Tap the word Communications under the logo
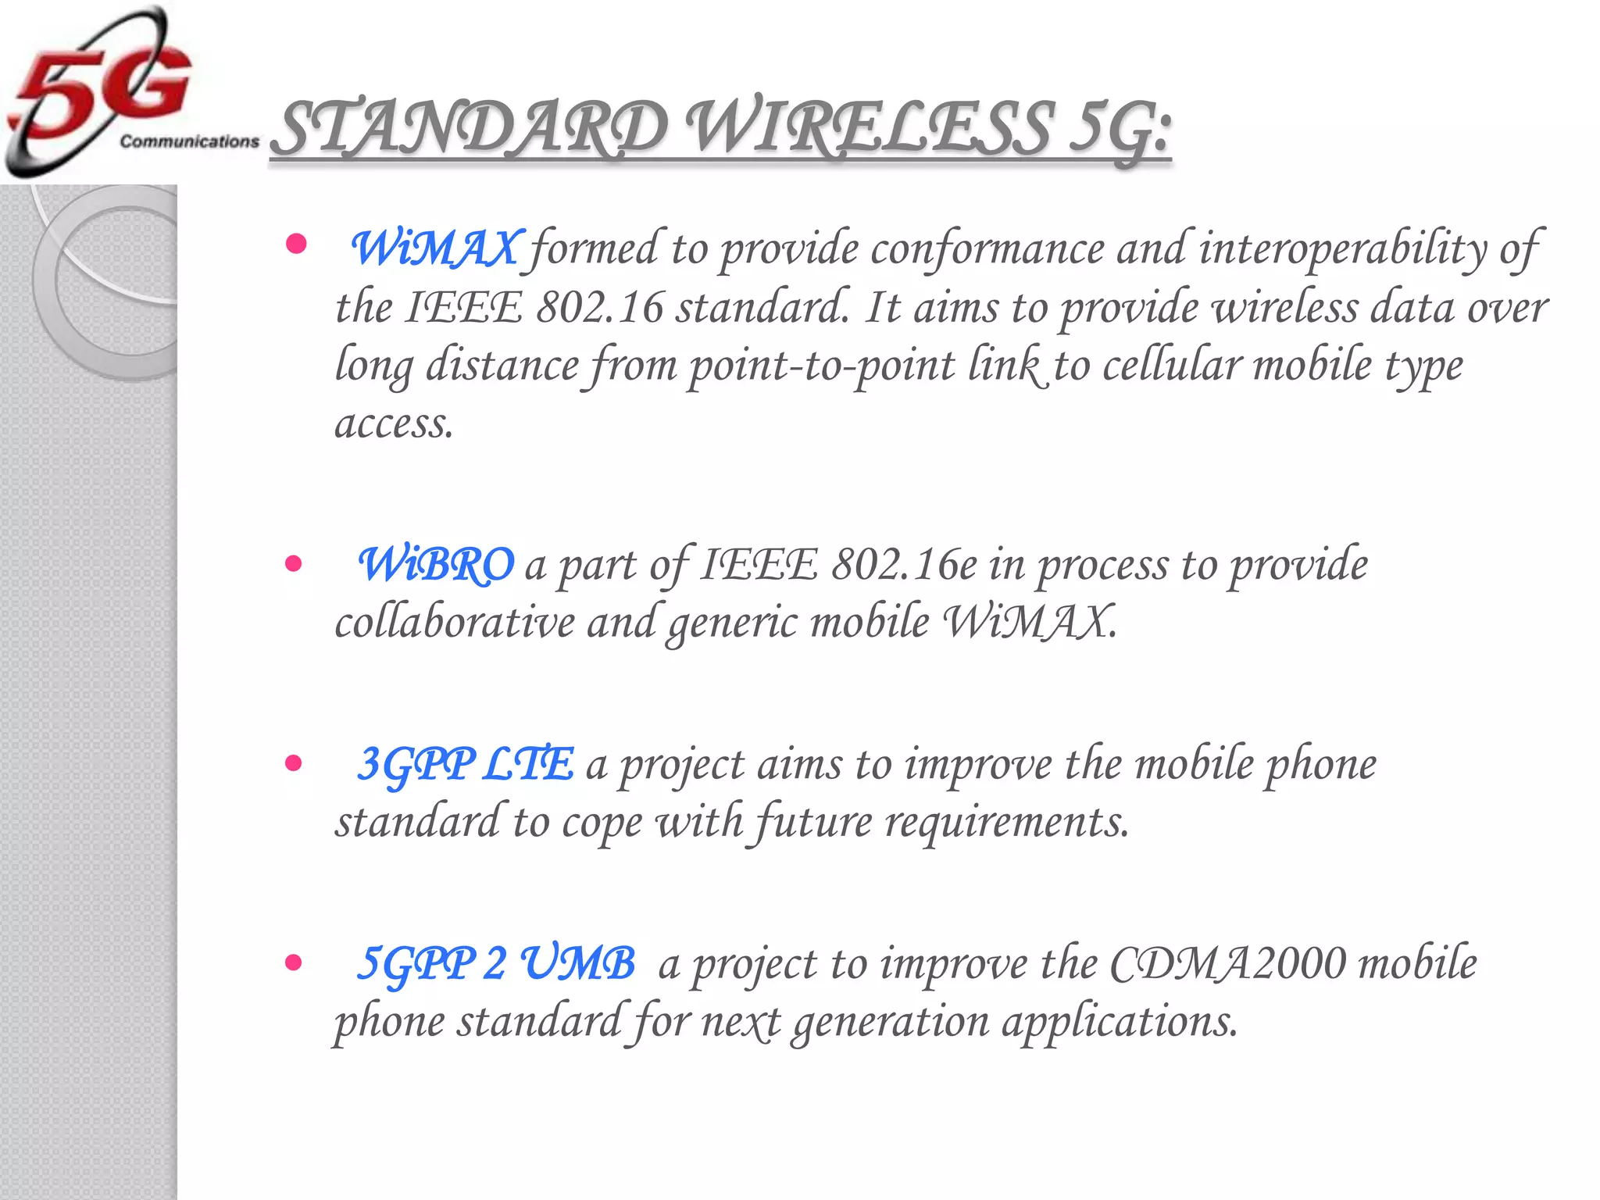tap(189, 141)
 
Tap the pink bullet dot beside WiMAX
tap(295, 245)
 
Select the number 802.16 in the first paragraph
tap(599, 307)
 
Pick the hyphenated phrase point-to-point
tap(821, 366)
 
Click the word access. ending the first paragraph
tap(394, 424)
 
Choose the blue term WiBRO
tap(436, 564)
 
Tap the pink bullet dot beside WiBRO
tap(294, 563)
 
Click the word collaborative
tap(455, 623)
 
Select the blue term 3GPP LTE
tap(466, 764)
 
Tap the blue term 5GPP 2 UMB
tap(495, 963)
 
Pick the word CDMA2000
tap(1227, 963)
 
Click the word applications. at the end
tap(1120, 1022)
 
